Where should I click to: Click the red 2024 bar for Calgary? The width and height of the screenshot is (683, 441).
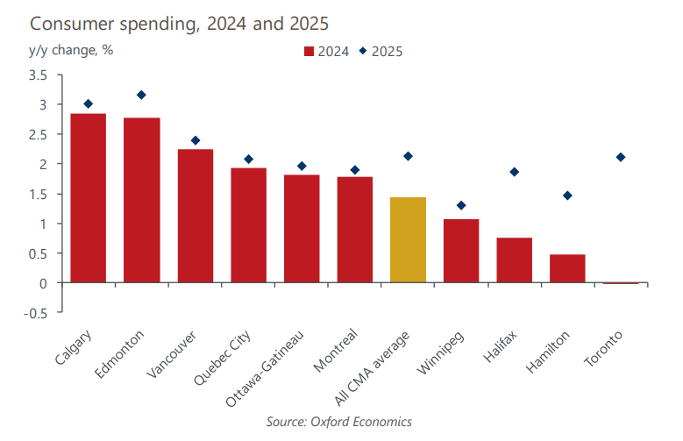coord(88,198)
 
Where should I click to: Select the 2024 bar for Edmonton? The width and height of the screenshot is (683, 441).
coord(141,200)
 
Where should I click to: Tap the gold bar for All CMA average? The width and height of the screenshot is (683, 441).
coord(408,239)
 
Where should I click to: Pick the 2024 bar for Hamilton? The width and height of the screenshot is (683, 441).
coord(567,268)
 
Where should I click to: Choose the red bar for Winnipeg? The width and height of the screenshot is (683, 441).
coord(461,251)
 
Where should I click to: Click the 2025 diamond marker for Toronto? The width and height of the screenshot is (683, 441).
coord(621,157)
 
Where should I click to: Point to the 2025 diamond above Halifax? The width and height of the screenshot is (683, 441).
coord(515,172)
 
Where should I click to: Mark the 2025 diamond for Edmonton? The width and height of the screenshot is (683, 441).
coord(141,95)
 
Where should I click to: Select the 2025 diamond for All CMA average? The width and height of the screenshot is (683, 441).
coord(408,156)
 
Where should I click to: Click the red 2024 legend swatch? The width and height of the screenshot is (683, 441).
coord(308,51)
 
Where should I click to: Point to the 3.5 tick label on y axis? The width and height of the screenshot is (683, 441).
coord(38,75)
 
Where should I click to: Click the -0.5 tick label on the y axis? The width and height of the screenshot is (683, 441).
coord(36,313)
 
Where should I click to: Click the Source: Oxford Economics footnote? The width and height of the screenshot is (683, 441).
coord(338,422)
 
